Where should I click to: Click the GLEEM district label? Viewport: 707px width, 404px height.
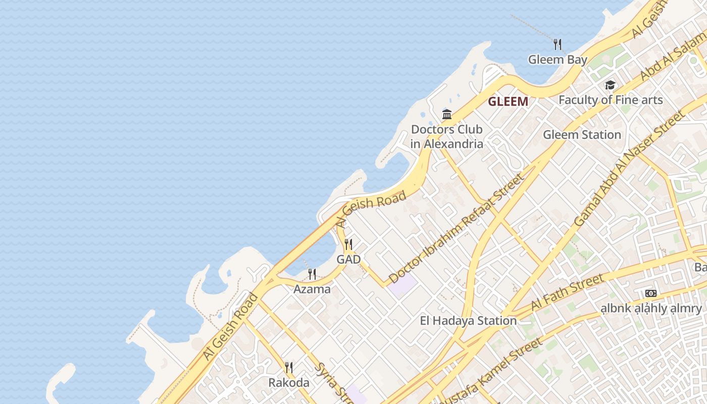508,102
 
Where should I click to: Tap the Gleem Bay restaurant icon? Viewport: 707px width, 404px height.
558,44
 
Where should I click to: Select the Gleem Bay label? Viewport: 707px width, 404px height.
558,60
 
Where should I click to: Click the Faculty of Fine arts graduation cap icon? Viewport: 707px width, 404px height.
610,85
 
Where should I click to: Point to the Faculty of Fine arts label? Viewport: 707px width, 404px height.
610,100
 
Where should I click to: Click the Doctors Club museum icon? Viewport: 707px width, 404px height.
447,114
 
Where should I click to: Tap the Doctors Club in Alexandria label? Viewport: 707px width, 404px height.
447,136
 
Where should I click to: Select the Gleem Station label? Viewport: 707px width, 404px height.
582,135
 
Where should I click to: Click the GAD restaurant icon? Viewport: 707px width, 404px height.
348,244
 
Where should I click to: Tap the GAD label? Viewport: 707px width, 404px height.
348,260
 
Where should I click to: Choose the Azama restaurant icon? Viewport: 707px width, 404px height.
312,274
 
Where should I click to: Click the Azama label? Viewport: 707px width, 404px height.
312,289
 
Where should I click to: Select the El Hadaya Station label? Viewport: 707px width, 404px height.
468,321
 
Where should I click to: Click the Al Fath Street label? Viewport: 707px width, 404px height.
567,293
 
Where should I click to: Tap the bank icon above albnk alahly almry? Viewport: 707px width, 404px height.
651,293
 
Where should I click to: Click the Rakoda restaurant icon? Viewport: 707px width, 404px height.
289,367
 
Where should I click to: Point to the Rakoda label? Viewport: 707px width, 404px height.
289,383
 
